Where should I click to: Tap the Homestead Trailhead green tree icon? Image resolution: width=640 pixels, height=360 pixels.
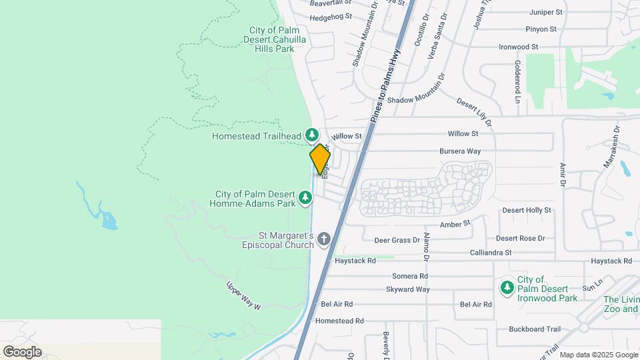(x=311, y=135)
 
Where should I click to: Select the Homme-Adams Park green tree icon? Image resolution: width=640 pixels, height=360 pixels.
(x=305, y=197)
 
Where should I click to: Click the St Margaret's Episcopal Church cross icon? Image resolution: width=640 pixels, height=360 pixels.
(x=324, y=239)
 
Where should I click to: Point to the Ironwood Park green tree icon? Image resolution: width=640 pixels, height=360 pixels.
(x=507, y=287)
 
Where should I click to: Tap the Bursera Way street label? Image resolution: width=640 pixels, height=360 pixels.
(x=461, y=151)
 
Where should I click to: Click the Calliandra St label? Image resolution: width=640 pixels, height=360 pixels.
(x=489, y=253)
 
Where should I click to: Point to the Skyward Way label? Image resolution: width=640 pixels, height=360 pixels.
(x=407, y=289)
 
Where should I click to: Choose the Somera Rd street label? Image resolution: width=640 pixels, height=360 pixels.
(x=410, y=276)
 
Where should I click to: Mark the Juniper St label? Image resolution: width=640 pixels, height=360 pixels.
(x=546, y=12)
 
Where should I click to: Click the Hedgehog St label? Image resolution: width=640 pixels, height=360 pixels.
(x=331, y=17)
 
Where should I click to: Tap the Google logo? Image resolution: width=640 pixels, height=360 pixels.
(x=22, y=351)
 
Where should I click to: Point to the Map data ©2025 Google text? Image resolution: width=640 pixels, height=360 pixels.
(x=598, y=355)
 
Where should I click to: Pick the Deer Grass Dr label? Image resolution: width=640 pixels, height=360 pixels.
(x=397, y=239)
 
